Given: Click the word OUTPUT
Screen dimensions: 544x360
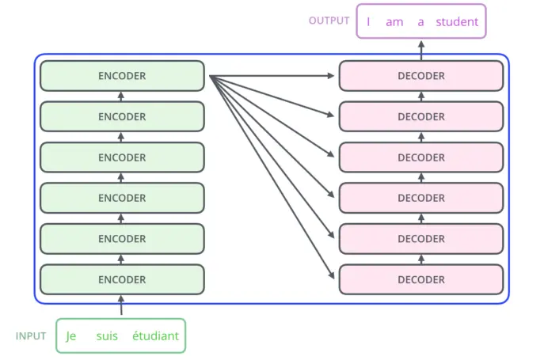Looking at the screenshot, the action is [329, 21].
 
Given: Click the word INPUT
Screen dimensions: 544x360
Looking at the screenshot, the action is [31, 336].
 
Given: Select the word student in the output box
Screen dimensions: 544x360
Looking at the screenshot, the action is [457, 22].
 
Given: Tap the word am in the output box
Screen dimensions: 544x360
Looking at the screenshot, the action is [394, 22].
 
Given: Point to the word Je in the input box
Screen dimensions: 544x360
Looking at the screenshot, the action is [70, 336].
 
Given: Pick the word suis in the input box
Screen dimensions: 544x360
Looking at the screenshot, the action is [107, 336].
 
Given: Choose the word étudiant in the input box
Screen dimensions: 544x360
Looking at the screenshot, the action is [155, 335].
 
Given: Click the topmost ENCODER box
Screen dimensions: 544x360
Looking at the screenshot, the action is [122, 76].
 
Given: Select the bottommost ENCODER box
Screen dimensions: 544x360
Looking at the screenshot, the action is [122, 279].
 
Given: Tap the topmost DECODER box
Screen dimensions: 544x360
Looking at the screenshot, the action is [421, 76].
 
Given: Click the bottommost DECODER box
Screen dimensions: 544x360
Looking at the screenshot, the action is [421, 279].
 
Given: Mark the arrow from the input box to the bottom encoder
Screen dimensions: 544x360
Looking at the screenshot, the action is [121, 305].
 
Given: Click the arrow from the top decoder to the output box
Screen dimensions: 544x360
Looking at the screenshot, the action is [421, 51].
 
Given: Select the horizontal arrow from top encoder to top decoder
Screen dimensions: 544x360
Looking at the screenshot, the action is [272, 76].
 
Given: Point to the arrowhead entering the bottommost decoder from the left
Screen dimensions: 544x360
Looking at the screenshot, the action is [331, 275].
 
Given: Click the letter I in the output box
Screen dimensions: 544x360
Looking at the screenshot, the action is [368, 22].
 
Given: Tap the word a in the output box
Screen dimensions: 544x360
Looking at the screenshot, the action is [420, 22].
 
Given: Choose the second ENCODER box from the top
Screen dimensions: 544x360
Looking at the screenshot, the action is [122, 116].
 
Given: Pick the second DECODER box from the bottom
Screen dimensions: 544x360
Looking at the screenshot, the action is [421, 239].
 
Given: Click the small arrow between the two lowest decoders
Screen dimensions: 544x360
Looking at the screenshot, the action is [421, 260].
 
